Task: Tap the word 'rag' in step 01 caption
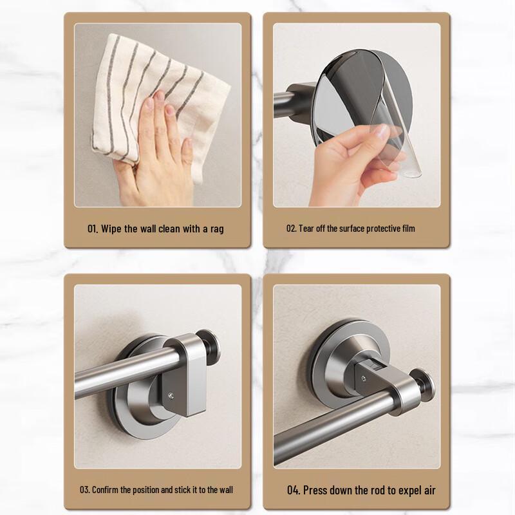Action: [x=216, y=229]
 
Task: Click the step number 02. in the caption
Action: [x=291, y=229]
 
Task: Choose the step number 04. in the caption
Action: [x=294, y=491]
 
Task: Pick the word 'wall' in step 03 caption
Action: [x=223, y=490]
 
